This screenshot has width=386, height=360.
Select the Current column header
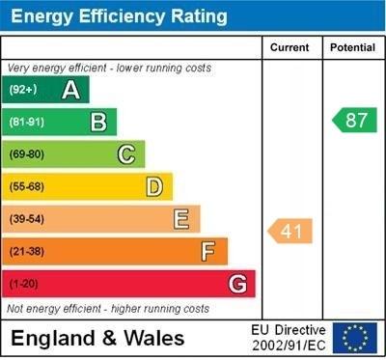click(x=289, y=47)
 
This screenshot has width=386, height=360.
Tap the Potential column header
click(x=352, y=47)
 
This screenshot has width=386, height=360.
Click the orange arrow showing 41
click(x=290, y=232)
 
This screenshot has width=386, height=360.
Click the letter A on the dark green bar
click(x=70, y=91)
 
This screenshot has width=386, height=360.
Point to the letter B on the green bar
click(x=98, y=122)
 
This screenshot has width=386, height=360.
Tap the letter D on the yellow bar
click(x=154, y=187)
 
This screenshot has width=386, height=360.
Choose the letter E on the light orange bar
click(x=181, y=220)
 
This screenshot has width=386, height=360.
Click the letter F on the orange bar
click(x=208, y=252)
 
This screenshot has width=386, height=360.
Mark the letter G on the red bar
click(x=237, y=285)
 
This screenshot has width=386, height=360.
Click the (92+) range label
click(x=22, y=91)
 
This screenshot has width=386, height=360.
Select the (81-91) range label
click(x=26, y=123)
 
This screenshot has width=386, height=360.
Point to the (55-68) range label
click(x=26, y=187)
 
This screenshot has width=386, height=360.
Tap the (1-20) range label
click(x=23, y=285)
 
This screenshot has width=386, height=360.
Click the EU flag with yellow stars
click(x=355, y=338)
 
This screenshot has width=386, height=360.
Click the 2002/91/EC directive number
click(x=289, y=346)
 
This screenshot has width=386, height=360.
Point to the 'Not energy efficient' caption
click(x=108, y=309)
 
